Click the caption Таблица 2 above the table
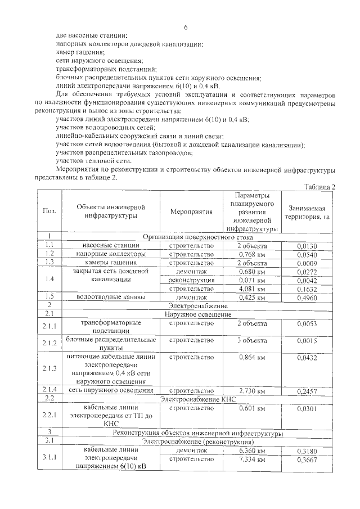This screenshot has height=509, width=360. pyautogui.click(x=319, y=187)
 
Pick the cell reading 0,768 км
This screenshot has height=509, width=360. pyautogui.click(x=251, y=254)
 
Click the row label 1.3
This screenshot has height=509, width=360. pyautogui.click(x=49, y=263)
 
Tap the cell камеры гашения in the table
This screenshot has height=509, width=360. pyautogui.click(x=111, y=263)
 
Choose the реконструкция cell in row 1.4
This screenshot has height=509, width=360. pyautogui.click(x=191, y=280)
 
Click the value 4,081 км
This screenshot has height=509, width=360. pyautogui.click(x=251, y=288)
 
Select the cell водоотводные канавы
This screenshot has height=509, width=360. pyautogui.click(x=111, y=296)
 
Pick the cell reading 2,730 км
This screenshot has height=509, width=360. pyautogui.click(x=251, y=390)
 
